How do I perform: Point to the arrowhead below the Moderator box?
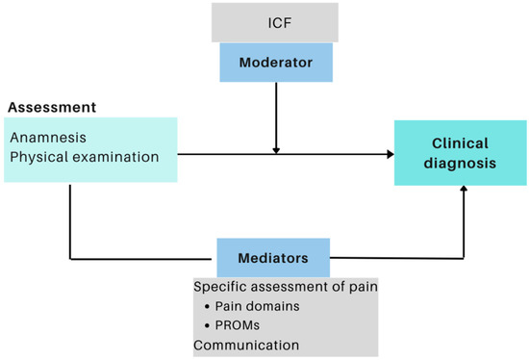click(x=276, y=148)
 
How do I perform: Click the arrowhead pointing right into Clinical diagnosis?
click(x=390, y=154)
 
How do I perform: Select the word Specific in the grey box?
click(x=218, y=287)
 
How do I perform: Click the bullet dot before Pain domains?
click(x=209, y=306)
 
